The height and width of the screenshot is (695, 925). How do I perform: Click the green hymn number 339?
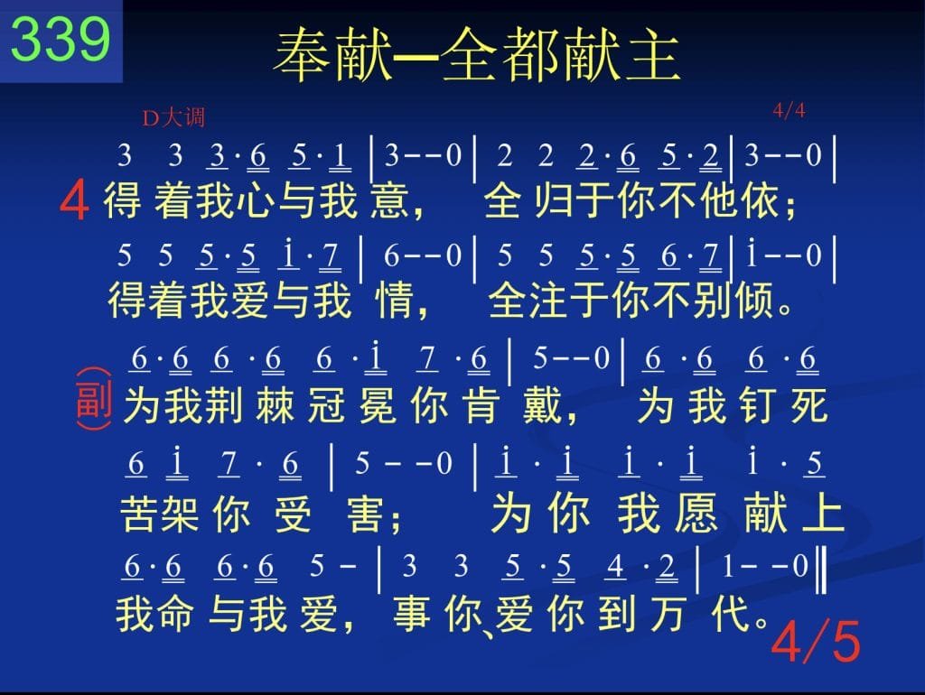coord(61,39)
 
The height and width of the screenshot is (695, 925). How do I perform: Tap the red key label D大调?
coord(173,117)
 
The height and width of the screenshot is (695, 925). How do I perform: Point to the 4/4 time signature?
coord(790,109)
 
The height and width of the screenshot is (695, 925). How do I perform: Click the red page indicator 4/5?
coord(816,641)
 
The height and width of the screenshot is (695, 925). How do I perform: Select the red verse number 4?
coord(74,201)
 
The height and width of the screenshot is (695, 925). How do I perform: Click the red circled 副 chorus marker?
coord(94,399)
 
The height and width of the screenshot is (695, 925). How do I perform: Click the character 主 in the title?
coord(654,55)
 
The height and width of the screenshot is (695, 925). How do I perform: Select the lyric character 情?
coord(395,300)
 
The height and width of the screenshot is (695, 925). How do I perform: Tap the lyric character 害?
coord(367,513)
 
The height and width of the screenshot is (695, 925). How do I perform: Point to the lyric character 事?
coord(412,613)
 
